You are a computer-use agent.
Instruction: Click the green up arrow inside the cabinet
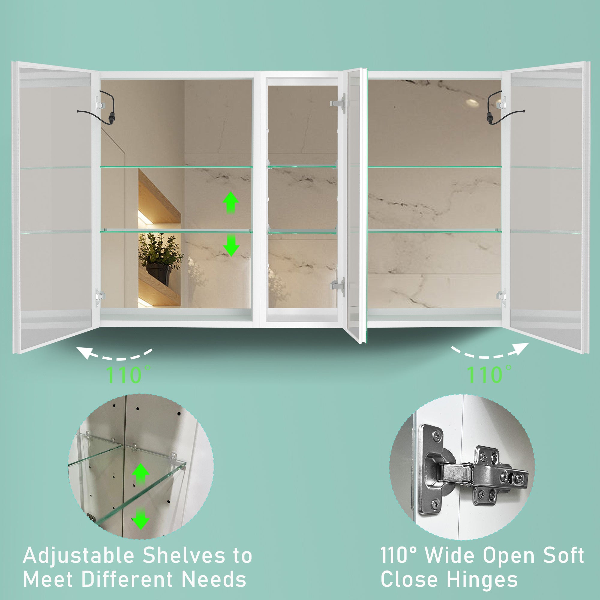230,202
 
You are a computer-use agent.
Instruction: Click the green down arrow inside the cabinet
231,245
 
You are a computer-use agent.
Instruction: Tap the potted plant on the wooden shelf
160,258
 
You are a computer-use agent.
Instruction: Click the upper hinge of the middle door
338,103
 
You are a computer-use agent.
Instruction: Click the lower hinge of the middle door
338,285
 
